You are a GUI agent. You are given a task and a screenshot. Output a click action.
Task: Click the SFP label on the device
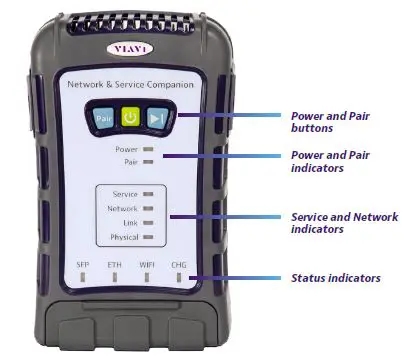(84, 263)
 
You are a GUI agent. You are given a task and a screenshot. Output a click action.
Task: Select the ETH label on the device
(116, 263)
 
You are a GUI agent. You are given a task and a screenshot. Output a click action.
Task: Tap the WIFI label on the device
(148, 263)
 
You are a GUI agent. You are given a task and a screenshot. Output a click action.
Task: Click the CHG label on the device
(180, 263)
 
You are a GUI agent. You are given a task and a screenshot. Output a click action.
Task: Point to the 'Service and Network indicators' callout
(343, 223)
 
